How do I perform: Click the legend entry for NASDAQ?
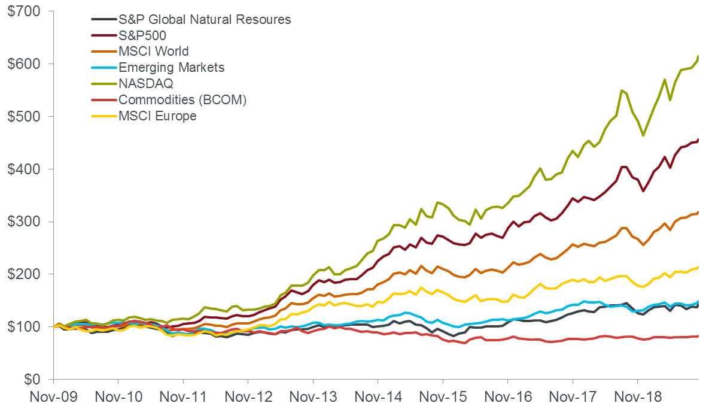tap(145, 84)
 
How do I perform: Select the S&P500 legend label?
tap(142, 35)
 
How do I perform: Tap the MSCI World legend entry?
tap(154, 51)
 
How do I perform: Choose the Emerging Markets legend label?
tap(171, 68)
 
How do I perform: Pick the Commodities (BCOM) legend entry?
tap(182, 100)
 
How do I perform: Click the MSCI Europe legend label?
tap(157, 116)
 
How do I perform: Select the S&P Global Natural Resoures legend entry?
tap(205, 19)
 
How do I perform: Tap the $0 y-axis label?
tap(32, 379)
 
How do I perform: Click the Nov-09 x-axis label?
tap(53, 397)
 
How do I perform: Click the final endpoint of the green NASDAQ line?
tap(698, 56)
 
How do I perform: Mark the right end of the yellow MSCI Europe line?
tap(698, 267)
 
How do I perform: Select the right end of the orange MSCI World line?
tap(698, 212)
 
